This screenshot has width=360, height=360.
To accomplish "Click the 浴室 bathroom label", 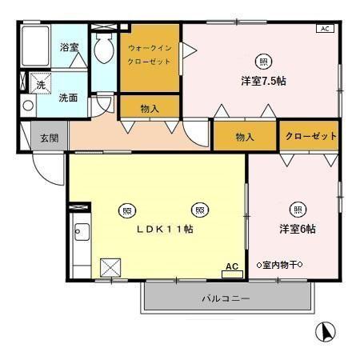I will pos(69,47).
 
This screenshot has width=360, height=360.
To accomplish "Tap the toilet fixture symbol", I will pos(103,50).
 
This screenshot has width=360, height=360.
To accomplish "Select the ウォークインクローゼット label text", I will pos(149,54).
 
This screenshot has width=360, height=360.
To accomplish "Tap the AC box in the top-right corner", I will pos(325,29).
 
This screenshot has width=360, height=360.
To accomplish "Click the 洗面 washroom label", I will pos(68,98).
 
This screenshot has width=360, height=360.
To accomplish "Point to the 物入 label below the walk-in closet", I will pos(149,109).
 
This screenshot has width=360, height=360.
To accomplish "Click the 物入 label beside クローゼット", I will pos(245,137).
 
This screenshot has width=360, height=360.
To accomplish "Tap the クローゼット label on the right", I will pos(311,136).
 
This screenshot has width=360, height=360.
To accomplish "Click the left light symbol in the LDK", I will pos(126,210).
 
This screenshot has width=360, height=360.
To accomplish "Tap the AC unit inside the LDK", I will pos(232,270).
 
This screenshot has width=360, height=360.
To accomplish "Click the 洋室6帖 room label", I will pos(297,229).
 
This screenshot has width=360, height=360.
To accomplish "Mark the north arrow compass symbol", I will pos(326,330).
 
